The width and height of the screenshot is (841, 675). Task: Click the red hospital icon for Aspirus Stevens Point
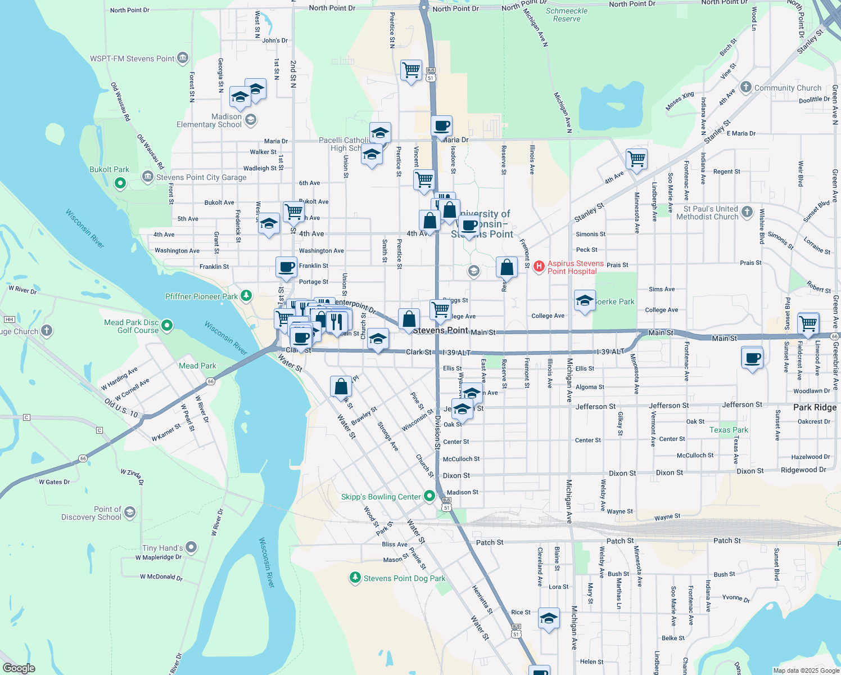click(539, 266)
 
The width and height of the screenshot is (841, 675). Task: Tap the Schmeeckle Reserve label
click(567, 15)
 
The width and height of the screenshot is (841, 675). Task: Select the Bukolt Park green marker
click(120, 183)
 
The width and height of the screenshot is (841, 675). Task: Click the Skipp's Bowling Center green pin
click(429, 496)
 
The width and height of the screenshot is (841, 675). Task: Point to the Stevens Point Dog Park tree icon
click(355, 578)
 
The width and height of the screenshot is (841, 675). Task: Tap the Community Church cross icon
click(746, 87)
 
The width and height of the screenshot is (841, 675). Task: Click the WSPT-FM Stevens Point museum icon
click(183, 58)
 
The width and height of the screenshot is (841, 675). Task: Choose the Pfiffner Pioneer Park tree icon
click(246, 295)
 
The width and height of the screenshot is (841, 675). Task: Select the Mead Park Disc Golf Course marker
click(167, 326)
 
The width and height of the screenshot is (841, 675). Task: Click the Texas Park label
click(729, 430)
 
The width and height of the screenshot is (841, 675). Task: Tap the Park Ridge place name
click(815, 407)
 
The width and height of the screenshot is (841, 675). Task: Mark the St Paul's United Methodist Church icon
click(747, 211)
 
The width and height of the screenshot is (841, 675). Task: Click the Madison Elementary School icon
click(251, 119)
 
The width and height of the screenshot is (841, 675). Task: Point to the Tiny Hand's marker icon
click(191, 547)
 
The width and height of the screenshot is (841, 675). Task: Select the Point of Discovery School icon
click(130, 512)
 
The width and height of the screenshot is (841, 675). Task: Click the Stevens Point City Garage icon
click(148, 177)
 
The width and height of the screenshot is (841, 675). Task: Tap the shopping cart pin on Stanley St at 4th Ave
click(636, 159)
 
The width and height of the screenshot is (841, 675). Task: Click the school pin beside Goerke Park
click(585, 300)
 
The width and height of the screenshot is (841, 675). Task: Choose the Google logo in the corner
click(19, 668)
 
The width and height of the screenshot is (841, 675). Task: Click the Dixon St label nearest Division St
click(456, 475)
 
